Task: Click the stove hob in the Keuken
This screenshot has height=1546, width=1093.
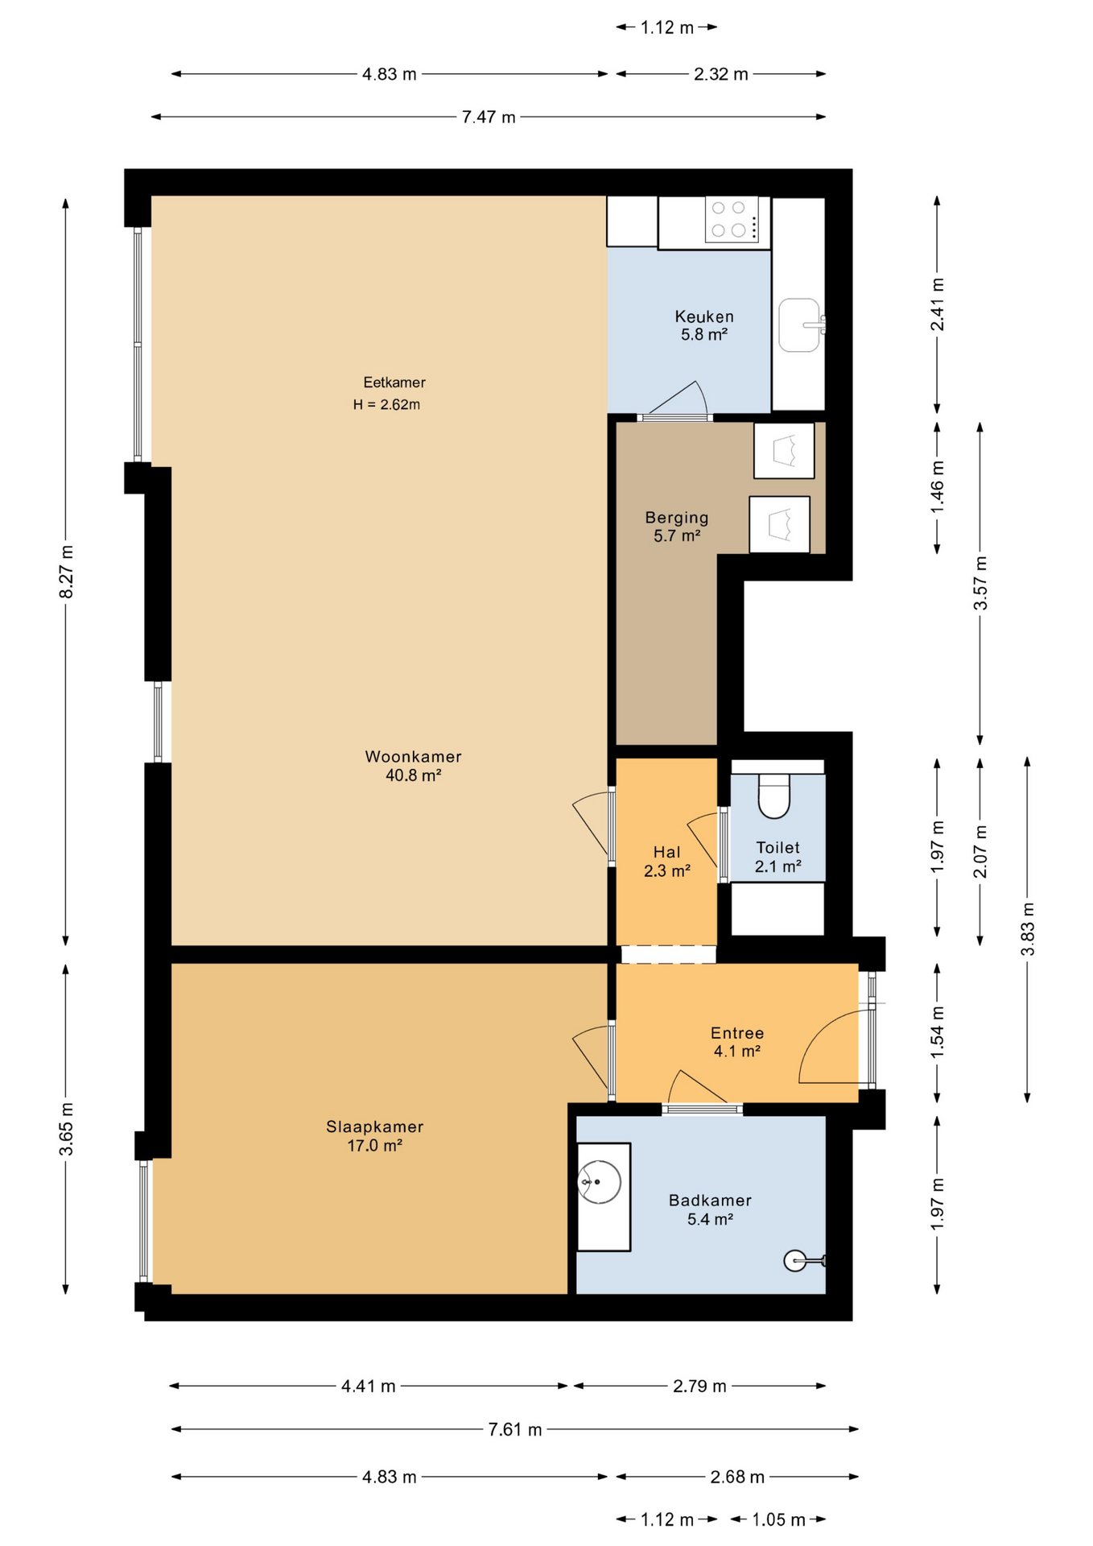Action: pyautogui.click(x=731, y=219)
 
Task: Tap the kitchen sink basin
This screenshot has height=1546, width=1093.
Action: pyautogui.click(x=799, y=325)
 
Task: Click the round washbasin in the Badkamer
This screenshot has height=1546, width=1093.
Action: pyautogui.click(x=600, y=1182)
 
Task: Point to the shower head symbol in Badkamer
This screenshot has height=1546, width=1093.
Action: pyautogui.click(x=797, y=1261)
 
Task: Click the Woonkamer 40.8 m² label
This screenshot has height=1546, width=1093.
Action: pyautogui.click(x=414, y=766)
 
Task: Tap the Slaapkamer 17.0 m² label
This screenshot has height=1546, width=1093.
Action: pyautogui.click(x=374, y=1136)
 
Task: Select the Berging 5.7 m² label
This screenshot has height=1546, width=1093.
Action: pyautogui.click(x=676, y=527)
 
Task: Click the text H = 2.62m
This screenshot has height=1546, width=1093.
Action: pyautogui.click(x=386, y=405)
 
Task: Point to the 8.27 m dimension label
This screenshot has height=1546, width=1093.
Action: pyautogui.click(x=67, y=572)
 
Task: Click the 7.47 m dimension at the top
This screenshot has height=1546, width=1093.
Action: pyautogui.click(x=489, y=118)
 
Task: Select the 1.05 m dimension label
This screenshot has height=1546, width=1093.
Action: pyautogui.click(x=778, y=1519)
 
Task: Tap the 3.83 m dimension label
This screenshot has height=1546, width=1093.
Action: pyautogui.click(x=1028, y=928)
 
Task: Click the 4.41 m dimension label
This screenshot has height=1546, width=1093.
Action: pyautogui.click(x=369, y=1386)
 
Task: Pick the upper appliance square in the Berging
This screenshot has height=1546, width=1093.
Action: pyautogui.click(x=784, y=451)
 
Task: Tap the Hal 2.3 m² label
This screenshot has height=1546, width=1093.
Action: pyautogui.click(x=667, y=861)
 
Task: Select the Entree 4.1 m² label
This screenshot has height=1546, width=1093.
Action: pyautogui.click(x=736, y=1042)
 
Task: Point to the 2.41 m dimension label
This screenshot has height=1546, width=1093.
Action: pyautogui.click(x=938, y=304)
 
